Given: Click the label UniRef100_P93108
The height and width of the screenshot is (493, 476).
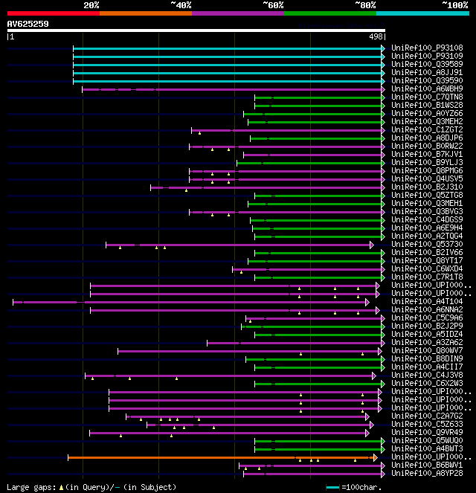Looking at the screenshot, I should point(427,48).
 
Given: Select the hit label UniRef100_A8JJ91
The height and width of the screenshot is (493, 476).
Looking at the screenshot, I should point(427,72).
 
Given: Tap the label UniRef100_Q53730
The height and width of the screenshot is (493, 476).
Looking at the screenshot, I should point(427,244).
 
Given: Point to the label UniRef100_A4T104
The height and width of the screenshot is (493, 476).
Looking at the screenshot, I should point(427,301).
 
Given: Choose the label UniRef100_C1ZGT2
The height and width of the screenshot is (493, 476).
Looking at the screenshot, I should point(427,129).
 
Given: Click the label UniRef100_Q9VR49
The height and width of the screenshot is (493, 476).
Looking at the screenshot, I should point(427,432).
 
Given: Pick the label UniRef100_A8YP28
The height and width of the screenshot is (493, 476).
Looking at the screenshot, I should point(427,473).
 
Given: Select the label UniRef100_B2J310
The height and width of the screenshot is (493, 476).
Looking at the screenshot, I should point(427,187).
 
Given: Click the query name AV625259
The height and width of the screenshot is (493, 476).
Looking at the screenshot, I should point(28,24).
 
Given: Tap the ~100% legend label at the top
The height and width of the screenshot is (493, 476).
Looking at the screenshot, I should point(454,5).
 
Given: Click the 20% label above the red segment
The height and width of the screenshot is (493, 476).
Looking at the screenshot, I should point(91,5).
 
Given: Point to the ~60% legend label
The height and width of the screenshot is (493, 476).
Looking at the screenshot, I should point(272,5).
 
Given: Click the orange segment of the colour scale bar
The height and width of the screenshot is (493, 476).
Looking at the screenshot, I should point(145,13).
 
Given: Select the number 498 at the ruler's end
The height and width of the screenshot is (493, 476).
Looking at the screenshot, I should point(376,36).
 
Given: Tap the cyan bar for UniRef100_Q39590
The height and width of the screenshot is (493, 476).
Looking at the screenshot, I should point(227,80).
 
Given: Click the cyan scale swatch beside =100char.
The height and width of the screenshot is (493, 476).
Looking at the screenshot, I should point(332,487).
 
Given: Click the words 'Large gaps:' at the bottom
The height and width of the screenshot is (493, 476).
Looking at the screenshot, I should point(29,487).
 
